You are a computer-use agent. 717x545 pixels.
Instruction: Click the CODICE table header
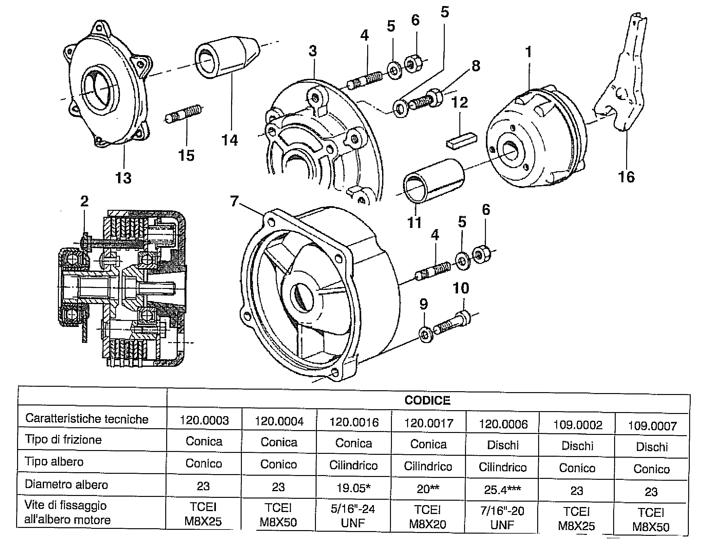[427, 400]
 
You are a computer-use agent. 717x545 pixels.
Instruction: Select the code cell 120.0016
[354, 422]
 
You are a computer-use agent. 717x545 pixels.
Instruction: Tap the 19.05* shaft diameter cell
[354, 488]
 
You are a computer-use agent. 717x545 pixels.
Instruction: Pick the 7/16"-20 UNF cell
[502, 517]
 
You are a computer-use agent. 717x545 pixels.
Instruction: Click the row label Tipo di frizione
[63, 440]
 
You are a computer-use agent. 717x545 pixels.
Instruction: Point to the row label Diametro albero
[66, 484]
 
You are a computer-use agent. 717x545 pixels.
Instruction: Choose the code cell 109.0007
[652, 426]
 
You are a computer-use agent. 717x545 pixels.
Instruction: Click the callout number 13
[123, 178]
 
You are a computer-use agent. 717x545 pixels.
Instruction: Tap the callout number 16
[626, 177]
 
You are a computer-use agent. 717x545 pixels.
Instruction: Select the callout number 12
[459, 103]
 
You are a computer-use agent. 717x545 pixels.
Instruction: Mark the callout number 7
[234, 201]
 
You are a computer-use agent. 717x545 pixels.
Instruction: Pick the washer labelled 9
[426, 334]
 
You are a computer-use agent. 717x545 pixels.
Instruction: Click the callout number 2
[84, 202]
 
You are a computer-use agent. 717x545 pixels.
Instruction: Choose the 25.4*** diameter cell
[503, 490]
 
